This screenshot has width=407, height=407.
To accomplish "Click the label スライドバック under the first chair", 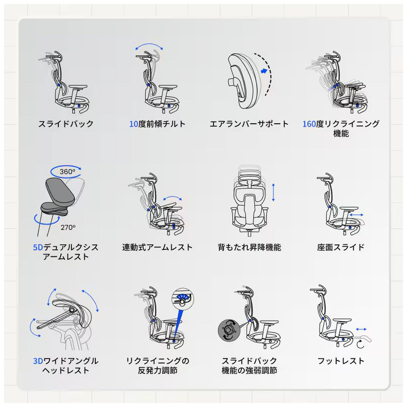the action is [x=66, y=124].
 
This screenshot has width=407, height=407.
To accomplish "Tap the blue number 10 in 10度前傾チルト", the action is [x=133, y=124].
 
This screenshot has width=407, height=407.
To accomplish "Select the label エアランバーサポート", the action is [x=249, y=124].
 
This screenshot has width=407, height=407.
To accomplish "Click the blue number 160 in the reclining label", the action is [x=309, y=124].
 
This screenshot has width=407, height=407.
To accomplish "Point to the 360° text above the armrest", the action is [x=67, y=172].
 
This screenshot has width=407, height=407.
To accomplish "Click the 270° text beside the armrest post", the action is [x=68, y=228].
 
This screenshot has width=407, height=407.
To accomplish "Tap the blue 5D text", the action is [x=38, y=247].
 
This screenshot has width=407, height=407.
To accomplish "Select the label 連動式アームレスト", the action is [x=157, y=247].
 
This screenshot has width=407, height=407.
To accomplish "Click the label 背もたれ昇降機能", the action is [x=249, y=247].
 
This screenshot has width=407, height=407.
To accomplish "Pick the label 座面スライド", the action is [x=341, y=247].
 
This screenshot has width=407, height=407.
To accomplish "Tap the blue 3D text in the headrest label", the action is [x=38, y=361].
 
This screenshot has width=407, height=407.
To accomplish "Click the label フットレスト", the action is [x=341, y=361].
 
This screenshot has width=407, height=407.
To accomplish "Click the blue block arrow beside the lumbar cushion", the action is [x=264, y=71].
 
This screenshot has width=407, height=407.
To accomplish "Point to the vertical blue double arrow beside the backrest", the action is [x=273, y=193].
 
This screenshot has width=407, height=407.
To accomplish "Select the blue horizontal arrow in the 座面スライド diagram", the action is [x=357, y=214].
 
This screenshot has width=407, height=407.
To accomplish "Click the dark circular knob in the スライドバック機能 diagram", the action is [x=229, y=330].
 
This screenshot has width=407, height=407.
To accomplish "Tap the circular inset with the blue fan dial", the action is [x=183, y=298].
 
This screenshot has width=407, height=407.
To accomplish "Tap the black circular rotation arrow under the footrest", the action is [x=360, y=344].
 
